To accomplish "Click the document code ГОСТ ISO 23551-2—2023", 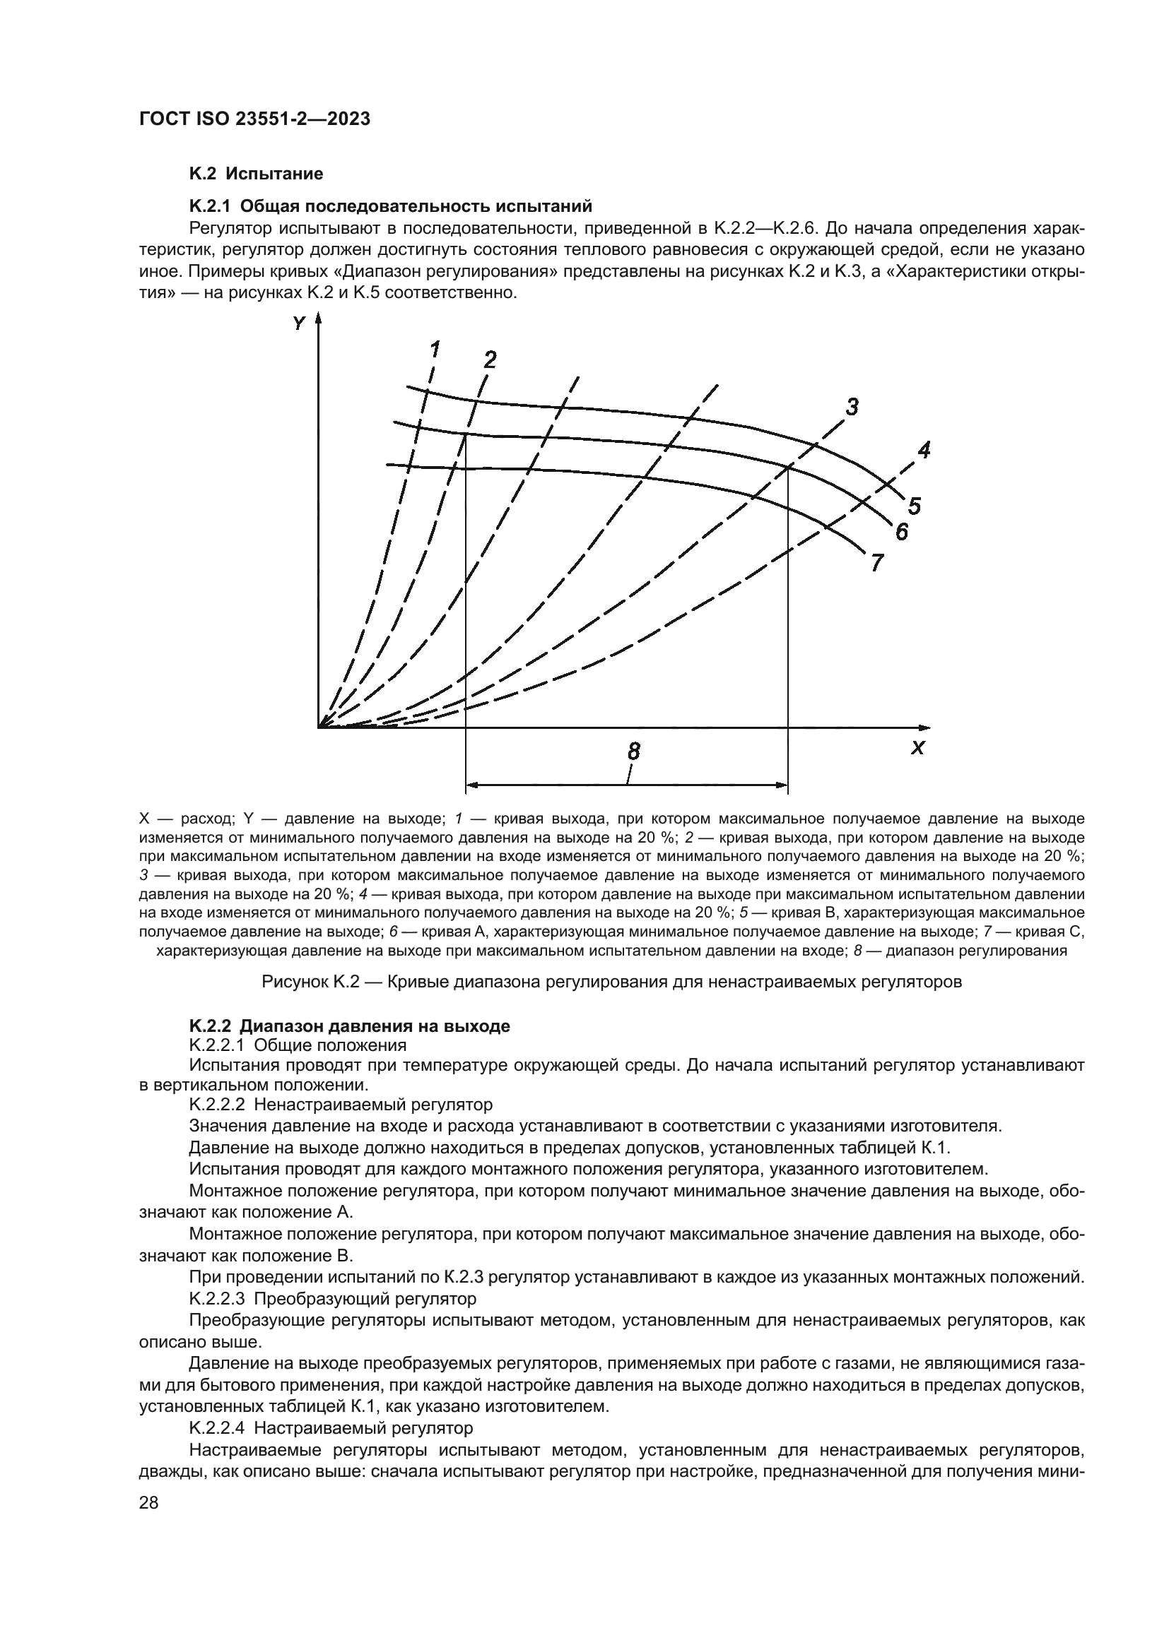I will (x=254, y=119).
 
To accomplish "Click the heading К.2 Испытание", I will (x=256, y=174).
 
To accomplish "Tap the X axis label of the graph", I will (x=917, y=748).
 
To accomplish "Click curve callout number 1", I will (x=435, y=350).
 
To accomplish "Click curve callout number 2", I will (x=490, y=359).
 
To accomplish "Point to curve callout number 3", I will (x=852, y=408).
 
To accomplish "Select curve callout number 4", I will (x=924, y=451).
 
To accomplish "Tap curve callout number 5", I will (x=914, y=506).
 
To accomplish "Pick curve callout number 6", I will (x=901, y=532).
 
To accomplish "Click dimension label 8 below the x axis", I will (x=633, y=752).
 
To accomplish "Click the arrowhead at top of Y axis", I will (x=318, y=318).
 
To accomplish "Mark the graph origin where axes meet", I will (x=318, y=727).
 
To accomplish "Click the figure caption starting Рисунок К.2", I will (x=611, y=982).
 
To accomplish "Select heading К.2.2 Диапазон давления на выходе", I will (x=349, y=1026).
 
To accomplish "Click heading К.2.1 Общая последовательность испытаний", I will (x=390, y=206).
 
